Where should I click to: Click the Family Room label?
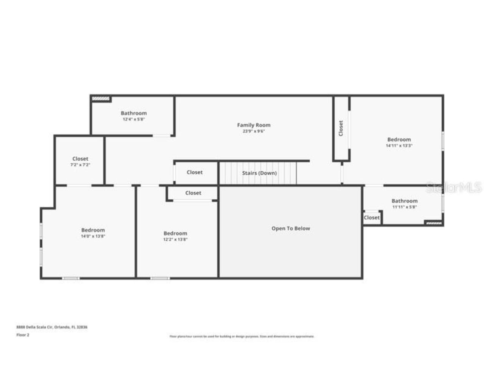pos(254,125)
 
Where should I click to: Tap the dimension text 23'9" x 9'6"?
pos(254,132)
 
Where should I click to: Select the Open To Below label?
pos(290,228)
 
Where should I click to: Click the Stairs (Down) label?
pos(259,173)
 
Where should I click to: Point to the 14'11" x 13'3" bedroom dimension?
pos(399,146)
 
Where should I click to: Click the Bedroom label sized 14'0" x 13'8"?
pos(93,230)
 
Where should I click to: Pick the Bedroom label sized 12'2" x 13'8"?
pos(175,233)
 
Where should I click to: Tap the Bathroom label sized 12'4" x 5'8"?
pos(133,113)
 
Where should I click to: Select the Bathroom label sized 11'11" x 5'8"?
pos(405,201)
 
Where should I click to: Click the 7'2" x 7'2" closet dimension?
pos(80,165)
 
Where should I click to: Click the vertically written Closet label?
pos(341,128)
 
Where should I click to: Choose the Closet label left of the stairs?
pos(195,172)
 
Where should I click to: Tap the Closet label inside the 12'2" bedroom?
pos(193,193)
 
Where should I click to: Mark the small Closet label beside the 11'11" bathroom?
pos(371,217)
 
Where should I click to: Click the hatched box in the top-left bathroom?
pos(101,99)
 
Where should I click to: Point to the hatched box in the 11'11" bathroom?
pos(433,223)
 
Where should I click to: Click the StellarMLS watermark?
pos(454,187)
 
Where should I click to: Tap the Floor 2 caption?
pos(23,335)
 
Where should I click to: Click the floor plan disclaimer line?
pos(242,336)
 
